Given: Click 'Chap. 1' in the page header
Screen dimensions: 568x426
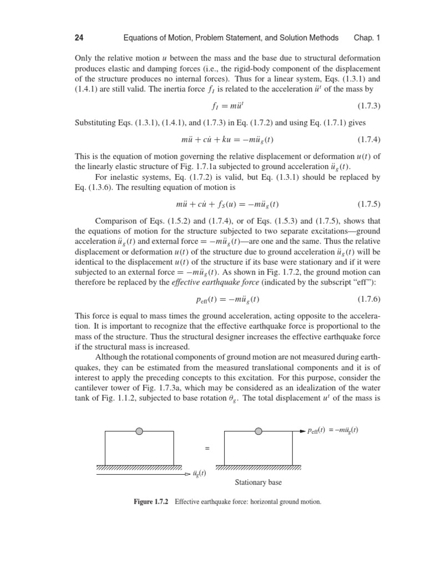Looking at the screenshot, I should click(x=367, y=38).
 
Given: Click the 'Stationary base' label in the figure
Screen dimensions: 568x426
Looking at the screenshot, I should click(x=258, y=483).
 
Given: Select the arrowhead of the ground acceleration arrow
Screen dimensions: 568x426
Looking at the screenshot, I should click(x=188, y=474).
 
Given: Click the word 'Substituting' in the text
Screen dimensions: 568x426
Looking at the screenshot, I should click(x=95, y=121).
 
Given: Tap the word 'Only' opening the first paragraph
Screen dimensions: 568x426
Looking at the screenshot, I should click(x=82, y=58).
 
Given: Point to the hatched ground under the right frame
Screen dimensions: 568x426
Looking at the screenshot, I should click(x=258, y=468).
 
